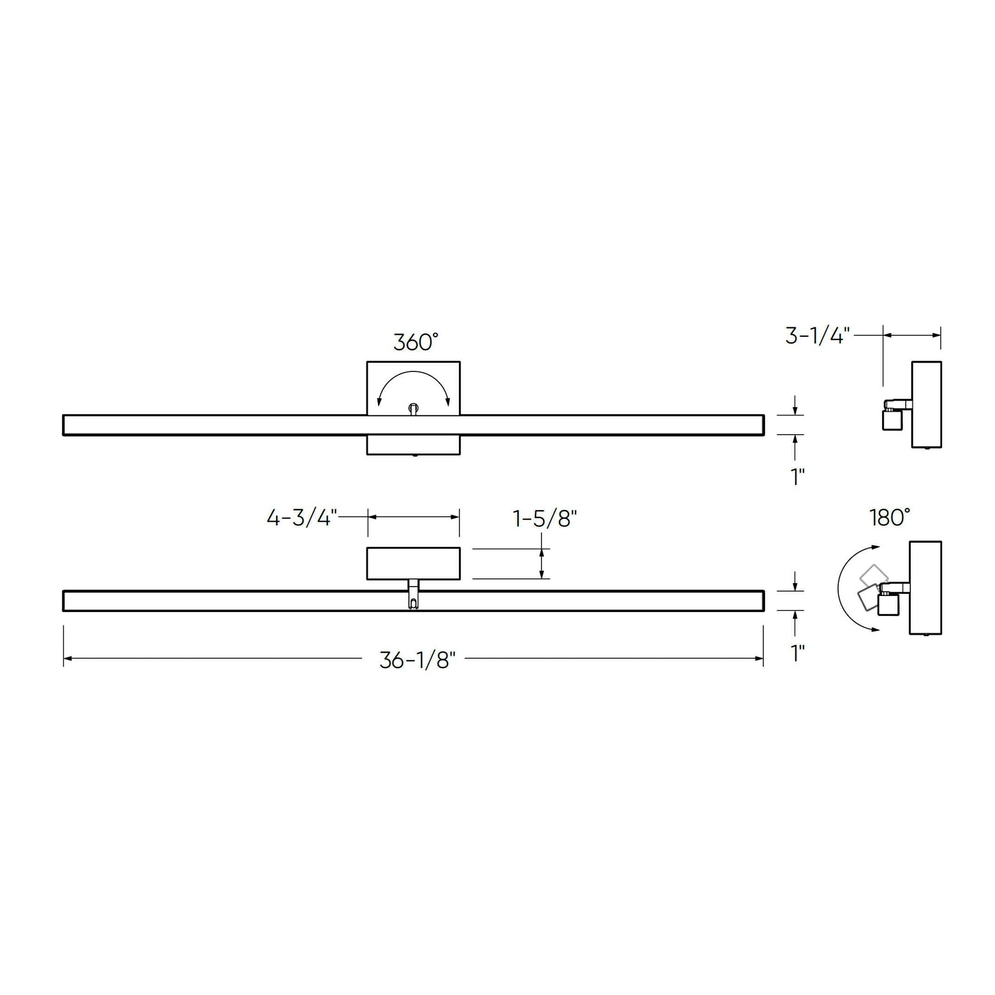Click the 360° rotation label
click(x=416, y=342)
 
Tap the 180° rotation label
click(x=890, y=517)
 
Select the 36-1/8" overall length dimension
click(x=418, y=660)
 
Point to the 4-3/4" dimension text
click(x=302, y=518)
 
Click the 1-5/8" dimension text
click(x=545, y=518)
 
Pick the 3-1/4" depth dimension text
click(x=818, y=335)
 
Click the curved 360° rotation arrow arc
click(x=413, y=372)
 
